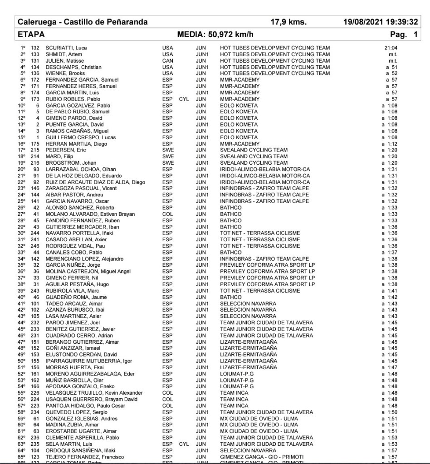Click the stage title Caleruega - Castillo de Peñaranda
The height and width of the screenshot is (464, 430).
pyautogui.click(x=83, y=22)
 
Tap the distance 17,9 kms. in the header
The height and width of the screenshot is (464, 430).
pyautogui.click(x=288, y=22)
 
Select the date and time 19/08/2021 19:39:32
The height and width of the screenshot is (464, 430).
pyautogui.click(x=381, y=22)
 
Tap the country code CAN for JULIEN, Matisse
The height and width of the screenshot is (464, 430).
pyautogui.click(x=167, y=61)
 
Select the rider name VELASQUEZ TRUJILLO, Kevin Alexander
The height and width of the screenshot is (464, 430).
pyautogui.click(x=94, y=393)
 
